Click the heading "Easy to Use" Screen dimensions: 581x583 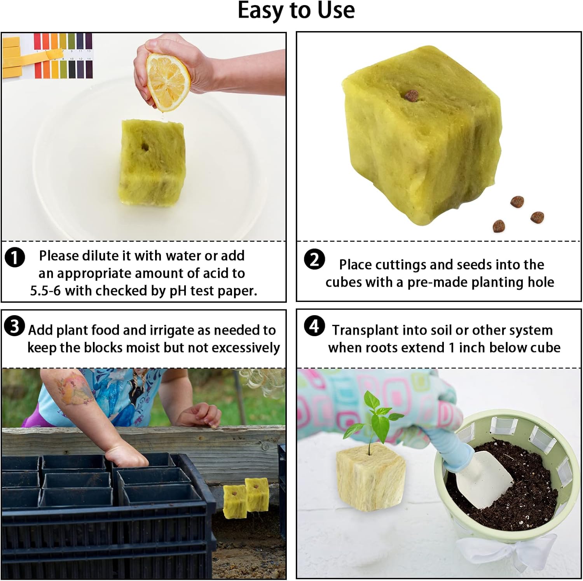296,10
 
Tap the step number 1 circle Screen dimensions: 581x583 15,258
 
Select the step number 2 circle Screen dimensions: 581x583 314,259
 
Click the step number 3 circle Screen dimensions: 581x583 15,326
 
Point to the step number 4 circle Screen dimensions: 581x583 314,326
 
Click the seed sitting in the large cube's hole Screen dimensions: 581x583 411,95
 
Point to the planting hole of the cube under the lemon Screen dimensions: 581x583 145,147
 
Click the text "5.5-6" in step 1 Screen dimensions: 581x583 45,291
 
